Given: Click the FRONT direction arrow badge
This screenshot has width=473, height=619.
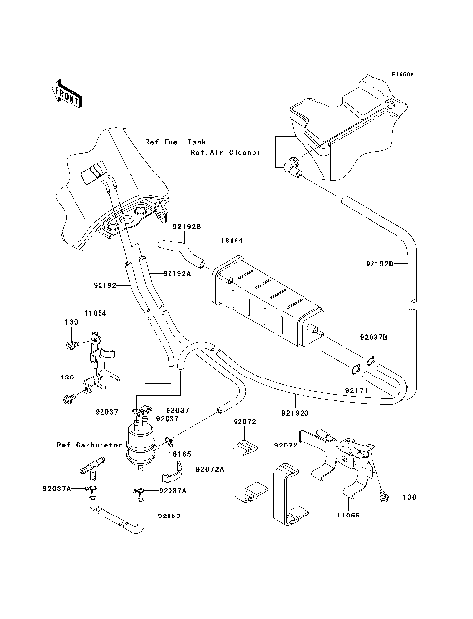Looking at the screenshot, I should (67, 94).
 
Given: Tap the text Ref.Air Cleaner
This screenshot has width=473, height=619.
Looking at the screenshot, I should (226, 153).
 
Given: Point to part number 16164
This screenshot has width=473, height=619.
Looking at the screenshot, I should (232, 240).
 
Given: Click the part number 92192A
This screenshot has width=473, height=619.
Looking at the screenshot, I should (179, 273).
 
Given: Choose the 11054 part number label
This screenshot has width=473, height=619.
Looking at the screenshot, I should (96, 312).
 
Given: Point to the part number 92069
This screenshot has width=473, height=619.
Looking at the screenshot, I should (170, 515).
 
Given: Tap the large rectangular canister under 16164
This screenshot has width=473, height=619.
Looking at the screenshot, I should (263, 301).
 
